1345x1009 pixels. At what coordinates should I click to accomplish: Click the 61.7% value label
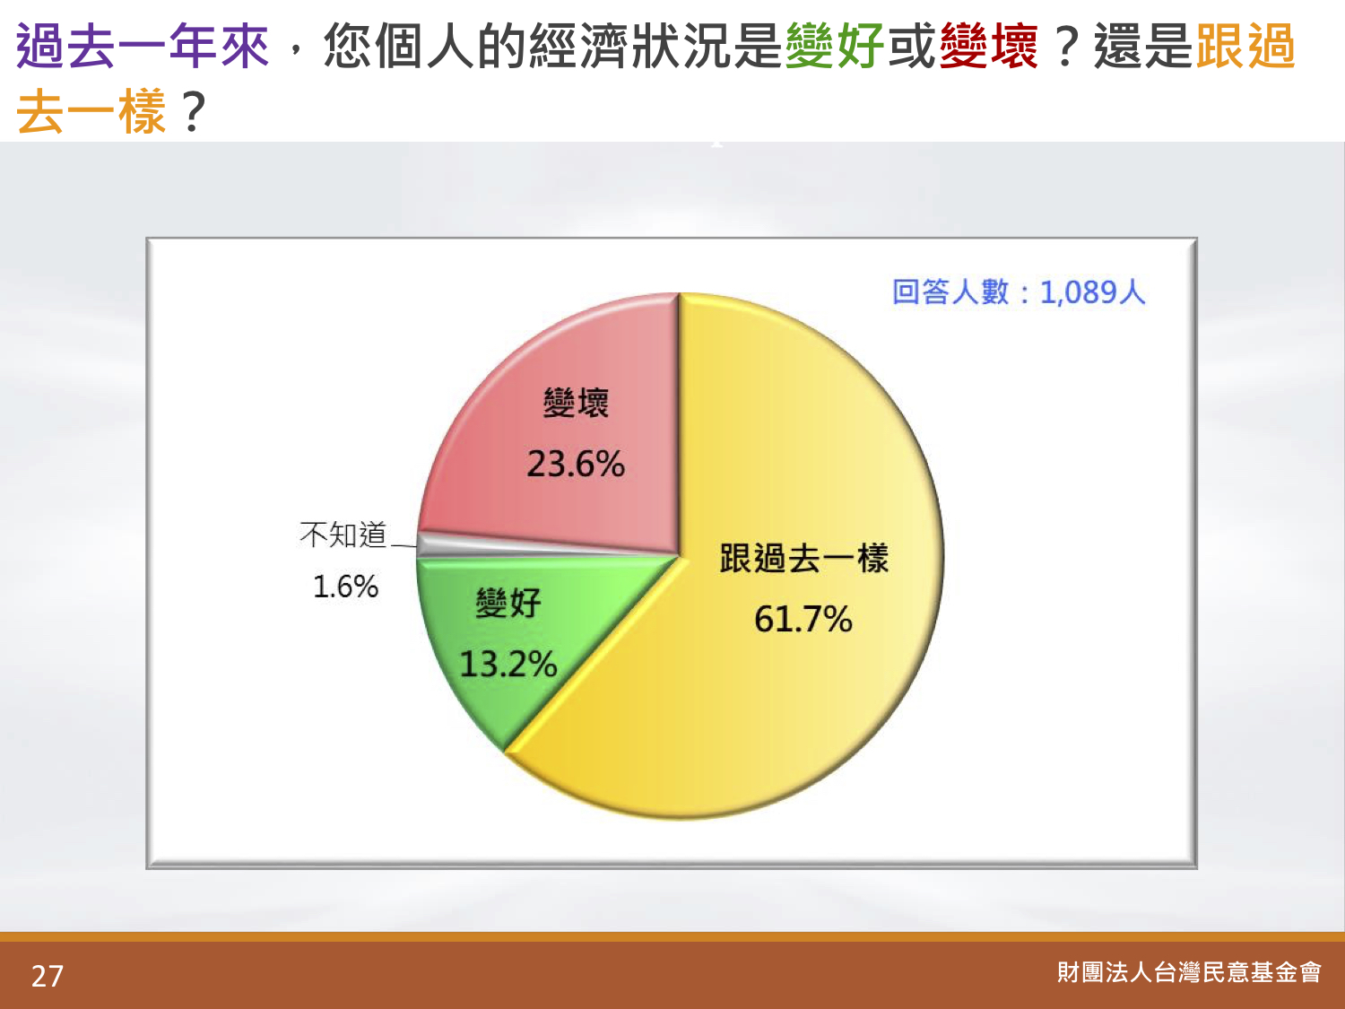803,619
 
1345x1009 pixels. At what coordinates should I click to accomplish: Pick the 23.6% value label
576,464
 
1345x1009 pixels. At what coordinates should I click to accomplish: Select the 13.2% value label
508,664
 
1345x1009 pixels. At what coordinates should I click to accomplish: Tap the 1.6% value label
345,587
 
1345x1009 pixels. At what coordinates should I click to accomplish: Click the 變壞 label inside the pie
576,403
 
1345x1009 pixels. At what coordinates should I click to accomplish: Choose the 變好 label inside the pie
508,604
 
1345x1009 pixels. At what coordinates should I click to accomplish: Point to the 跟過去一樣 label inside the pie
804,558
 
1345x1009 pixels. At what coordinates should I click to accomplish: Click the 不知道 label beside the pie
343,535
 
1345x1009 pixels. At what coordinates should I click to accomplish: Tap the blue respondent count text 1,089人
1092,291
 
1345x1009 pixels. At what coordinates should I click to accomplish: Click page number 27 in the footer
48,977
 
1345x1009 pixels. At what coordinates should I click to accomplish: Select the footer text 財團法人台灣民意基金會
1189,972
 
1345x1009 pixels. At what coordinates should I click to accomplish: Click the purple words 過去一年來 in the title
143,46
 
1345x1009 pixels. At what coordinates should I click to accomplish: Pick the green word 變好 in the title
834,46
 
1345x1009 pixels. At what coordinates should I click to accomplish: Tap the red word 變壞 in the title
988,46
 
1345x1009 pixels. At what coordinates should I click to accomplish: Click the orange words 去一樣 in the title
91,111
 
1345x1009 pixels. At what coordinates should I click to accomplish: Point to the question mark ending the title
193,111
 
